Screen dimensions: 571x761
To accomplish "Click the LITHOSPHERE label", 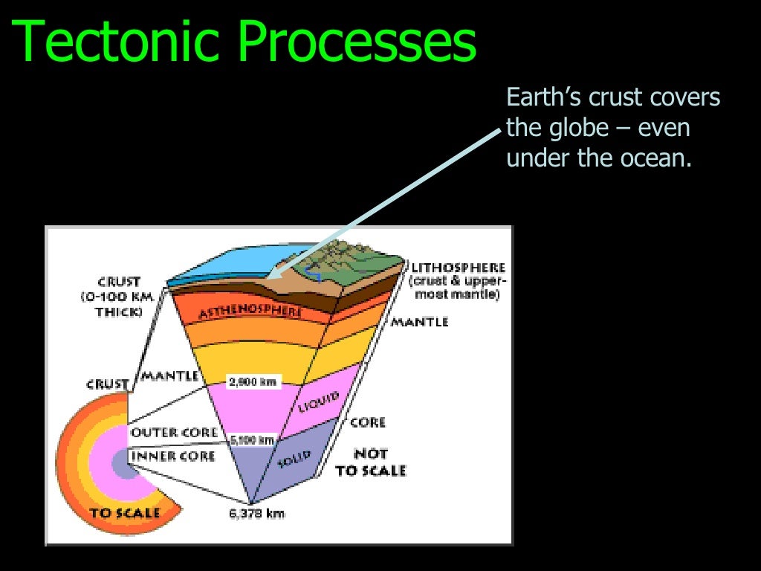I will (458, 267).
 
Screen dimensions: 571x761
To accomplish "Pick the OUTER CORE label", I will (174, 432).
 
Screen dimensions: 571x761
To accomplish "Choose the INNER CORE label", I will (172, 455).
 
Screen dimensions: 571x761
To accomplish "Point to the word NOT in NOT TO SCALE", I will (371, 453).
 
